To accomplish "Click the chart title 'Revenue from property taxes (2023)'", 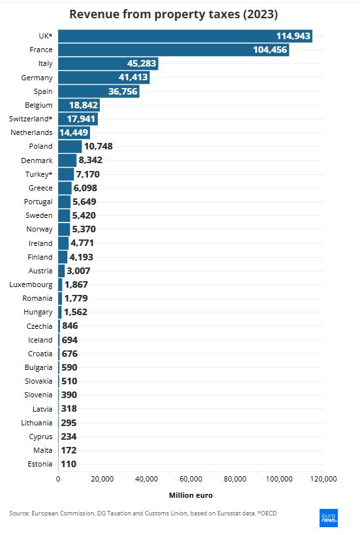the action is (x=173, y=14).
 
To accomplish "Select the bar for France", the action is (x=173, y=50).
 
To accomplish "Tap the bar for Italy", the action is (x=108, y=63).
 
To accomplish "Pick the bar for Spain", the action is (x=99, y=91).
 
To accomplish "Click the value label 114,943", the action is (x=293, y=36).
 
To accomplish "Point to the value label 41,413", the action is (x=133, y=77).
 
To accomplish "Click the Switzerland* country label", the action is (x=31, y=119).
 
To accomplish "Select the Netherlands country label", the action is (x=31, y=132).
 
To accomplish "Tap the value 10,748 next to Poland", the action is (x=98, y=146).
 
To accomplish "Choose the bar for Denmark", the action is (x=68, y=160).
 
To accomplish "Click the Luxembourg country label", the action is (x=31, y=284).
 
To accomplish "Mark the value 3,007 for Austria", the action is (x=78, y=271).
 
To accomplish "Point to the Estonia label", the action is (x=40, y=464).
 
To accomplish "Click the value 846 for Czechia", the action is (x=70, y=326).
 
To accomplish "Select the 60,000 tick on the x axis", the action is (x=191, y=479).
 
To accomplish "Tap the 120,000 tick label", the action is (x=323, y=479).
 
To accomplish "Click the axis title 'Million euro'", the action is (x=191, y=495).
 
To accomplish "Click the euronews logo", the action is (x=329, y=518).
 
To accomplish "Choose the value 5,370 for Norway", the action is (x=84, y=229).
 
